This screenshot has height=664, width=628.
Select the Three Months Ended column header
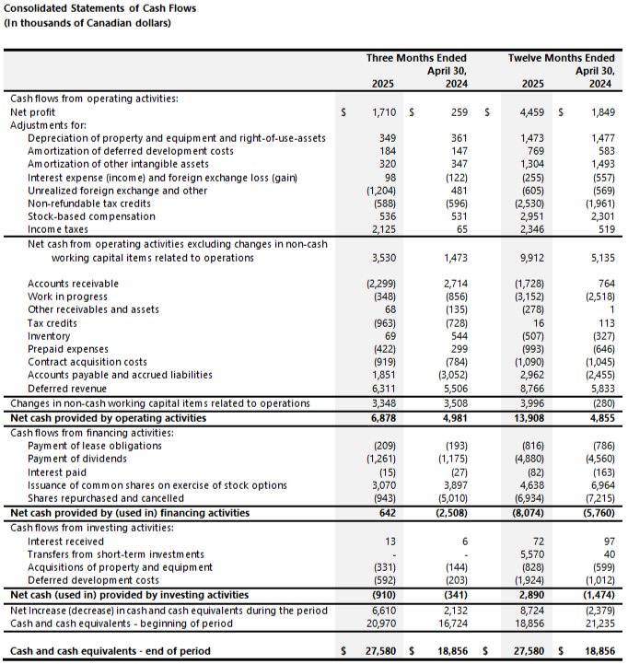[x=416, y=58]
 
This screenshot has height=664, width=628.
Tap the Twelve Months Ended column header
[x=561, y=58]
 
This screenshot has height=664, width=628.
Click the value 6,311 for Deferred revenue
[x=380, y=389]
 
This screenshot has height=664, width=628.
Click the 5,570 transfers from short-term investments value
[x=529, y=553]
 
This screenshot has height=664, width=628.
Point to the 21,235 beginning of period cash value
[x=599, y=623]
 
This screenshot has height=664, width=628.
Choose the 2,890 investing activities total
[x=529, y=595]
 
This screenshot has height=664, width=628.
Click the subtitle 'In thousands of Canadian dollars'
[x=88, y=23]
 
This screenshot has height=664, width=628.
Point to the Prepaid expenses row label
[x=67, y=349]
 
